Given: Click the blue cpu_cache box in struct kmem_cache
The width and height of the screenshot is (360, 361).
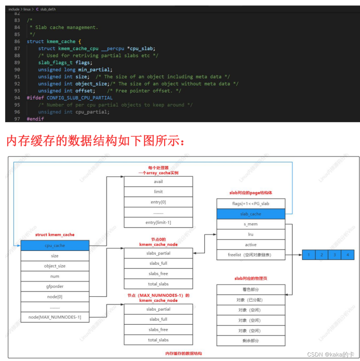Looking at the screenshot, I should (55, 245).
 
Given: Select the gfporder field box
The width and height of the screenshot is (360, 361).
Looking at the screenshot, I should (55, 286).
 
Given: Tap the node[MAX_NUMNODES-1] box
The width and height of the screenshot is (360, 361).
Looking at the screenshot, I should (55, 317).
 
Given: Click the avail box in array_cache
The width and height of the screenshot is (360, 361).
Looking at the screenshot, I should (158, 181).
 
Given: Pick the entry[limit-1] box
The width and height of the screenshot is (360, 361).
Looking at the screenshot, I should (158, 222).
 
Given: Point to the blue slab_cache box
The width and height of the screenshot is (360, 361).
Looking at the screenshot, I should (250, 214).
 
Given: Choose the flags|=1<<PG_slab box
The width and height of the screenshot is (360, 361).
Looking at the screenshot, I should (250, 203).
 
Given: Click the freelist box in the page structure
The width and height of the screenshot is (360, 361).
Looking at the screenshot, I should (250, 255).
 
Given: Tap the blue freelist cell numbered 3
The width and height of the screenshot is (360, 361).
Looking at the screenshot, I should (335, 255).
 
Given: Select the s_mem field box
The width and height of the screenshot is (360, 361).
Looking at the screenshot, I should (250, 224).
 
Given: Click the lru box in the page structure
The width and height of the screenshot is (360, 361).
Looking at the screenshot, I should (250, 234).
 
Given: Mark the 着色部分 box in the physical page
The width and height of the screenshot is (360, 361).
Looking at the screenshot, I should (250, 289).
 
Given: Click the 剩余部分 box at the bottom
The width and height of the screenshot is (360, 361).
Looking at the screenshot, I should (250, 340).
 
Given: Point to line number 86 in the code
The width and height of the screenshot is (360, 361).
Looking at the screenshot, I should (17, 41).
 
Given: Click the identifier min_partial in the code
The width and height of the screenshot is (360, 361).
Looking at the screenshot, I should (95, 69).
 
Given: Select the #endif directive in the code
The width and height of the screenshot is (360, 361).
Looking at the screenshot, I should (35, 119).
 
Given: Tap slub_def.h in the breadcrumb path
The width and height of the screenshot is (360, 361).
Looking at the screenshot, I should (48, 9).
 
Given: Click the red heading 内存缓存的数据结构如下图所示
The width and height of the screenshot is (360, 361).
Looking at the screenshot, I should (95, 141).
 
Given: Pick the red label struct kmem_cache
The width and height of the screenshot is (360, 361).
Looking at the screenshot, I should (55, 235).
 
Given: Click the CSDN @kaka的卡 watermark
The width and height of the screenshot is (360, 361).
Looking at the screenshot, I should (330, 354).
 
